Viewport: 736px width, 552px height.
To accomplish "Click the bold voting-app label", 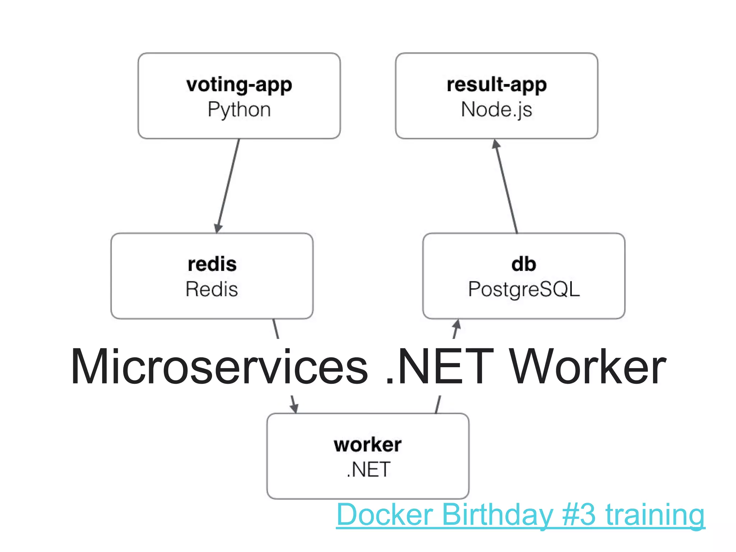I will click(239, 85).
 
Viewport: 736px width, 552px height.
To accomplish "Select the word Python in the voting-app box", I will click(239, 110).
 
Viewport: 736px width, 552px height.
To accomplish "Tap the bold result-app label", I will click(496, 85).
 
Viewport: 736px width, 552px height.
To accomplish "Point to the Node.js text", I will click(496, 110).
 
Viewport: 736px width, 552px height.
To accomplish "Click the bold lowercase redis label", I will click(212, 264).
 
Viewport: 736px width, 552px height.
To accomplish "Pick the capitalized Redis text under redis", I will click(212, 289).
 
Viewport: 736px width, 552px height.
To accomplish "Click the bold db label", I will click(524, 264).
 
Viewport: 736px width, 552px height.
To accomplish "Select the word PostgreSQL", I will click(524, 289).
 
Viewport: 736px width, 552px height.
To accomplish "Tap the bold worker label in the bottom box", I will click(368, 445).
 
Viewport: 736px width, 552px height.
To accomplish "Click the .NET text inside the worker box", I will click(368, 469).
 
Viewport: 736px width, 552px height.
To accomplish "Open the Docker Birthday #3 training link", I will click(520, 515).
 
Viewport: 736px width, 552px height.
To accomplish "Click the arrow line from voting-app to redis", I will click(229, 183).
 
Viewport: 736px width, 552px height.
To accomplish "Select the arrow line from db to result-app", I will click(507, 187).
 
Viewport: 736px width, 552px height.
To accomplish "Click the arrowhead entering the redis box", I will click(218, 228).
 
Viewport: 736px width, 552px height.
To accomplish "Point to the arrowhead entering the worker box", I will click(294, 408).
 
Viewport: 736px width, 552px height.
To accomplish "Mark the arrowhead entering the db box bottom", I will click(456, 325).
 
